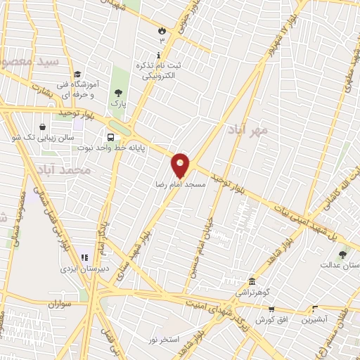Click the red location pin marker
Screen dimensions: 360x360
[x=181, y=165]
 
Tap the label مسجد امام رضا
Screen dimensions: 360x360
[x=181, y=184]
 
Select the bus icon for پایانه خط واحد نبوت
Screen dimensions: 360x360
[x=110, y=138]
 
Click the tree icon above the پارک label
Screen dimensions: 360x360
[x=117, y=92]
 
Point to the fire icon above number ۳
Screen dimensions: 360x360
[x=162, y=31]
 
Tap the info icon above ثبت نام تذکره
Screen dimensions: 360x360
[x=158, y=55]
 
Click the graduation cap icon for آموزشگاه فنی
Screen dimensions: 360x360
[x=77, y=74]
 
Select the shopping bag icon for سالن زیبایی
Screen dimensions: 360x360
[x=43, y=127]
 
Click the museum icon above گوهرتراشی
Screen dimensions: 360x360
[x=251, y=281]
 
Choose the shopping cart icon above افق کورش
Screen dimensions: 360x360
[x=271, y=308]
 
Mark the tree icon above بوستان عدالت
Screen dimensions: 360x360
[x=342, y=255]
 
